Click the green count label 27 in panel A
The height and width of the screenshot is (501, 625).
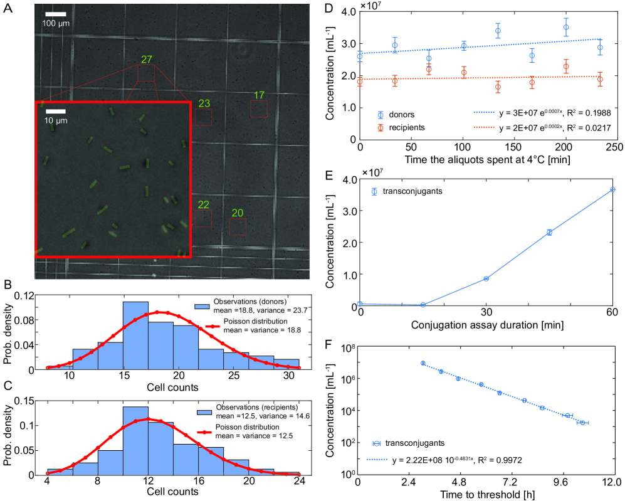coord(147,60)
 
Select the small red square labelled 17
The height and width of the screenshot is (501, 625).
coord(259,109)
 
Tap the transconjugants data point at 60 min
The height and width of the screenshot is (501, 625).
coord(612,189)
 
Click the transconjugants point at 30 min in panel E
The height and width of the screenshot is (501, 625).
coord(486,278)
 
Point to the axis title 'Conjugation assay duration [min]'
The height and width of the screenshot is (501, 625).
coord(486,325)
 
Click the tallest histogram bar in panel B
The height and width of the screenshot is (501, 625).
coord(135,335)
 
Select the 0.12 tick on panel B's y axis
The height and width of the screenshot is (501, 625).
coord(24,295)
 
